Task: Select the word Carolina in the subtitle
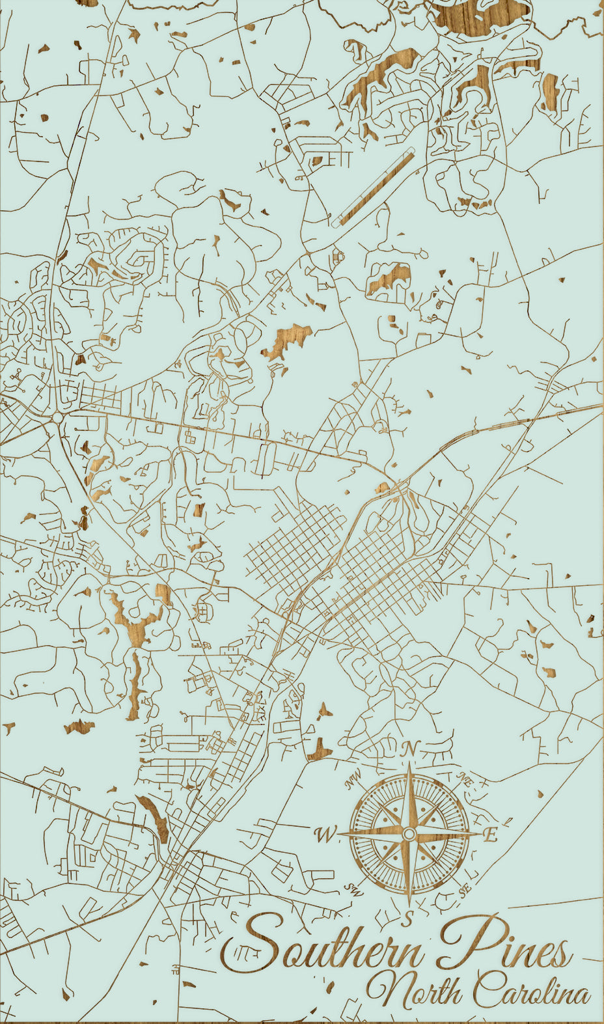[x=530, y=991]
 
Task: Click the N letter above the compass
[x=408, y=749]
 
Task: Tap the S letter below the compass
[x=408, y=919]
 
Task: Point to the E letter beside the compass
[x=491, y=835]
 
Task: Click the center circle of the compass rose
[x=409, y=834]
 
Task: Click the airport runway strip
[x=374, y=188]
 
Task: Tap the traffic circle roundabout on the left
[x=58, y=417]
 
